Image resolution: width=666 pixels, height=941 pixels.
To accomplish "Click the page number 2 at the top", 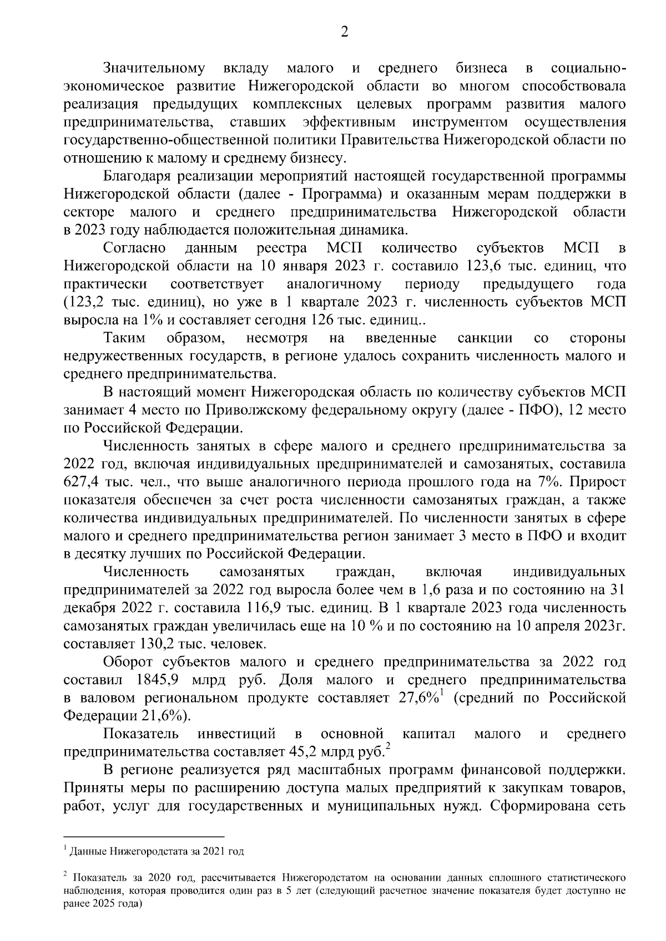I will click(x=344, y=33).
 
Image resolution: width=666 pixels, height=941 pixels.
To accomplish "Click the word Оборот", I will click(x=130, y=662).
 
